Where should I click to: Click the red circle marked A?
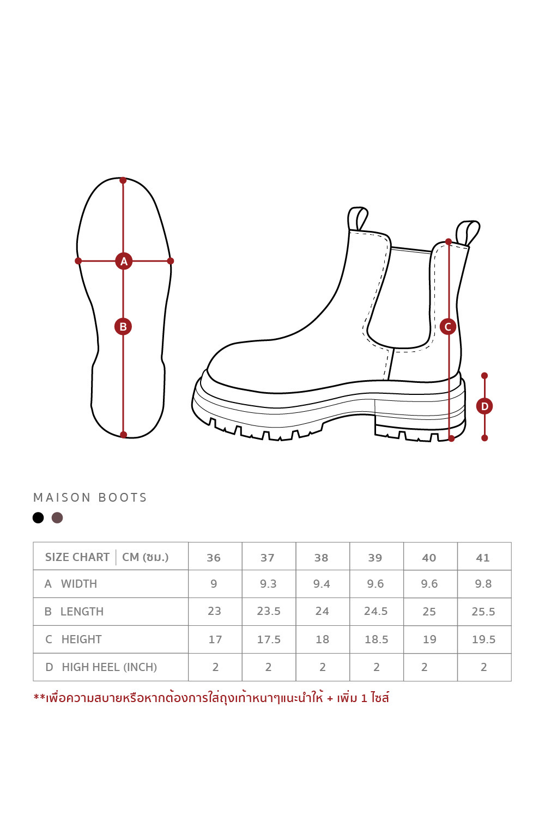tap(124, 261)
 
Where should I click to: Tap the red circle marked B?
tap(123, 326)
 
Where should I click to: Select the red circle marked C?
tap(448, 326)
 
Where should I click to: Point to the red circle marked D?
tap(485, 406)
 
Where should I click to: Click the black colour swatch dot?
tap(38, 517)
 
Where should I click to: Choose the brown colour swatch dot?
tap(57, 517)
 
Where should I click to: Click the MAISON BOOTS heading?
tap(90, 497)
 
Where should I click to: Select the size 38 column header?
tap(321, 558)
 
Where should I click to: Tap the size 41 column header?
tap(482, 558)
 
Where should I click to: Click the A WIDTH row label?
tap(71, 584)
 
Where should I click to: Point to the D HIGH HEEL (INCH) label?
tap(101, 667)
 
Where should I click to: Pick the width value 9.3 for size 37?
tap(268, 584)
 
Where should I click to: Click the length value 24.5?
tap(376, 611)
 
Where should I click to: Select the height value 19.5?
tap(483, 639)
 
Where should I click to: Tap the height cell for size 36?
tap(215, 639)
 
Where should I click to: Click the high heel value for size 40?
tap(424, 667)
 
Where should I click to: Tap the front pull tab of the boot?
tap(358, 218)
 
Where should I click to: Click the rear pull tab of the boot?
tap(468, 233)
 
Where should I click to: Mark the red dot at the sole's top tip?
tap(123, 180)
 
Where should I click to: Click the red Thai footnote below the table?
tap(211, 698)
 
